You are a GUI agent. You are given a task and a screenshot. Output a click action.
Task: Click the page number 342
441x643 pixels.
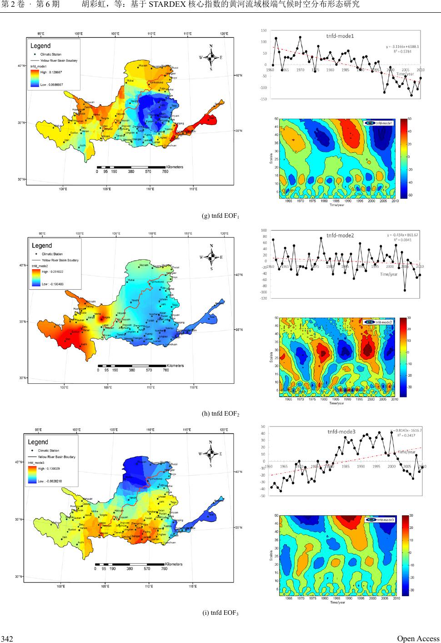pyautogui.click(x=7, y=639)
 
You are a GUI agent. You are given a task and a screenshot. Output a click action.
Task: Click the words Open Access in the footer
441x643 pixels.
pyautogui.click(x=418, y=638)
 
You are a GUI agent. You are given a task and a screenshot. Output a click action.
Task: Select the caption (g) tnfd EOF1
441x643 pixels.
pyautogui.click(x=220, y=216)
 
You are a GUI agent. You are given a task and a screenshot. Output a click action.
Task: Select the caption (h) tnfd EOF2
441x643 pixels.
pyautogui.click(x=220, y=413)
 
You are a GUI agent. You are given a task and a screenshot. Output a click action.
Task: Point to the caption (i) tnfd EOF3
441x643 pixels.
pyautogui.click(x=220, y=612)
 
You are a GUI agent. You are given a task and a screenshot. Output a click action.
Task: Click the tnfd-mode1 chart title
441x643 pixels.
pyautogui.click(x=340, y=35)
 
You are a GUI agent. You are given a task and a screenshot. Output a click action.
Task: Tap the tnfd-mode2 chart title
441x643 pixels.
pyautogui.click(x=340, y=235)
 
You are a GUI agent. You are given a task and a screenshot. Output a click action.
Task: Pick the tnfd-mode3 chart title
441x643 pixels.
pyautogui.click(x=341, y=432)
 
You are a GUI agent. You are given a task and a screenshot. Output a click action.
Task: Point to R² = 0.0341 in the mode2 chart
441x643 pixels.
pyautogui.click(x=402, y=240)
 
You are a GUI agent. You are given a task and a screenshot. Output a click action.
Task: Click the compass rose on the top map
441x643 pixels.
pyautogui.click(x=211, y=57)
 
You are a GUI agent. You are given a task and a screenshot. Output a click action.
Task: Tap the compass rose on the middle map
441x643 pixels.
pyautogui.click(x=211, y=257)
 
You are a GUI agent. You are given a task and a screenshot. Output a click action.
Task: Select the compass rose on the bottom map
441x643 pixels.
pyautogui.click(x=210, y=453)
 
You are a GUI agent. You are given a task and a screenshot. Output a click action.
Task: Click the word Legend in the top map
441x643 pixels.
pyautogui.click(x=40, y=45)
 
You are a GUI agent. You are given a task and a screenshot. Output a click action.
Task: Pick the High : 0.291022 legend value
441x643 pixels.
pyautogui.click(x=52, y=271)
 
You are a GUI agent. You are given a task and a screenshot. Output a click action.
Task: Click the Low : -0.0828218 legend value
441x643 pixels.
pyautogui.click(x=50, y=481)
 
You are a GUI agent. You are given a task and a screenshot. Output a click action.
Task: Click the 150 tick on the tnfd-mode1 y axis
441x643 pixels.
pyautogui.click(x=264, y=30)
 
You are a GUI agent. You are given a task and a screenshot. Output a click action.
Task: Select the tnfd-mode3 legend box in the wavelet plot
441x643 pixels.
pyautogui.click(x=380, y=519)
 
